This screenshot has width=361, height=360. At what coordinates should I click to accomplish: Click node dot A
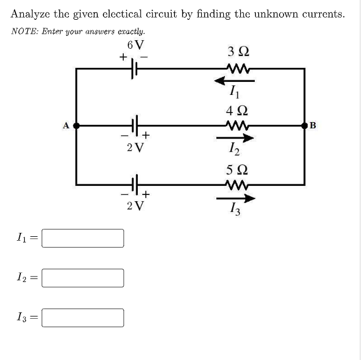click(76, 125)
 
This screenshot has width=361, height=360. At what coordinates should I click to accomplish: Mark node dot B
click(305, 125)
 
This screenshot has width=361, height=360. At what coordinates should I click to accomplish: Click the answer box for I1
click(83, 238)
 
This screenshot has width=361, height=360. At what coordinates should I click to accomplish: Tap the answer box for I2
click(83, 277)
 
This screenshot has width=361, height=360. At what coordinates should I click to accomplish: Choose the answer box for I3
click(83, 317)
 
